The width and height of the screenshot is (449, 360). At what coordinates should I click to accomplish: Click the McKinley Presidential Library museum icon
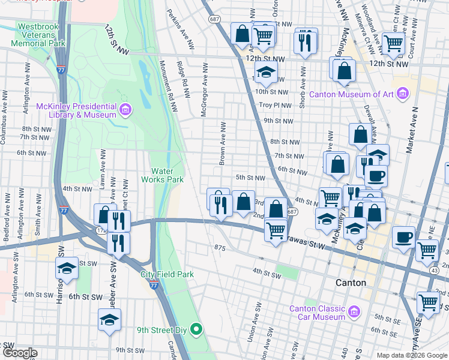click(x=125, y=110)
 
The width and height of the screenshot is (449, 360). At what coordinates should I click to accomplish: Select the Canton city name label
click(x=351, y=283)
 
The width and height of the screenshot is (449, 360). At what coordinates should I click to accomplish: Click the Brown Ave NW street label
click(x=222, y=144)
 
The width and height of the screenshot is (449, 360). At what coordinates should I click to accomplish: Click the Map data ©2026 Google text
click(x=412, y=355)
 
